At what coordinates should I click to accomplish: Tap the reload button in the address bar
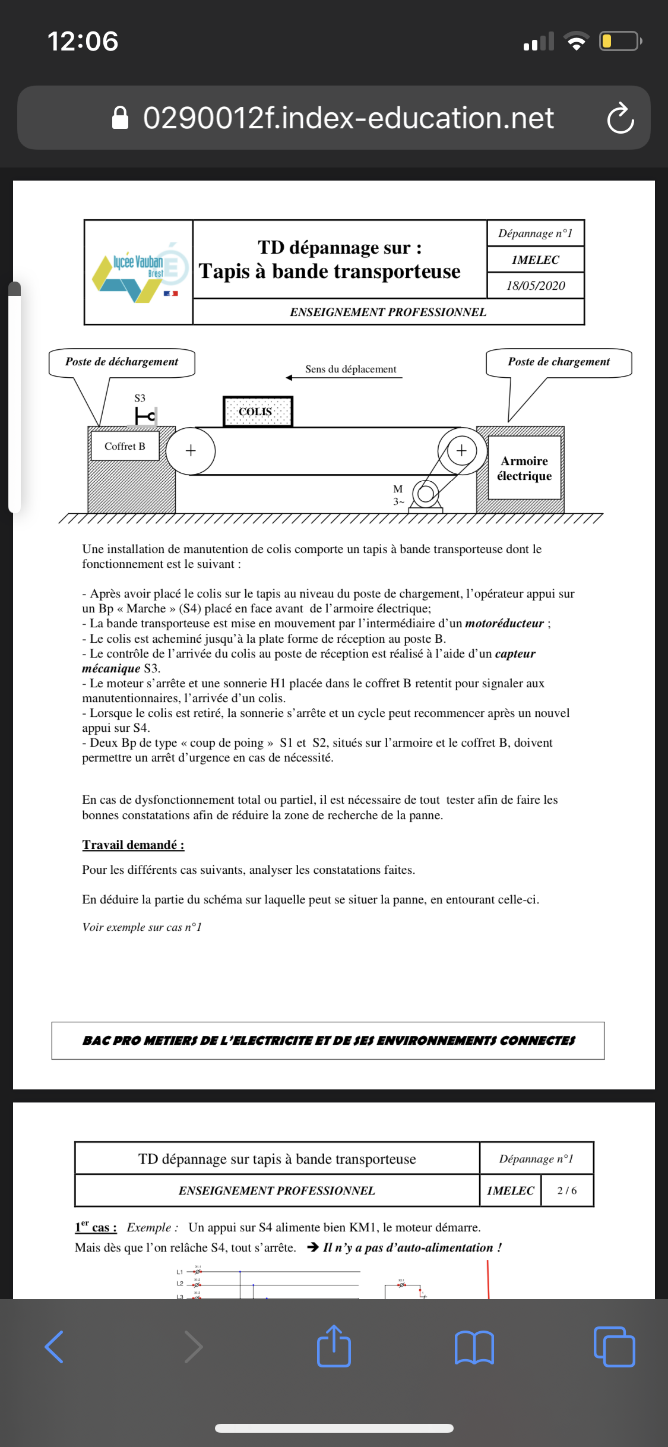point(620,118)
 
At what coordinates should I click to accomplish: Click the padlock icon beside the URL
point(121,118)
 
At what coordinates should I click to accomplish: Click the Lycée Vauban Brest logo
point(139,272)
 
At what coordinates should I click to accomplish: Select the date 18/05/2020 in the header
point(536,286)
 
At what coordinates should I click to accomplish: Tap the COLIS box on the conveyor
point(258,412)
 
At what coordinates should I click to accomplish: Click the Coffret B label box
point(125,446)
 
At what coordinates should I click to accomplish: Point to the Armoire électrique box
point(524,468)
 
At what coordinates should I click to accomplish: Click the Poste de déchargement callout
point(122,362)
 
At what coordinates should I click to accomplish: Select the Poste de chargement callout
point(559,362)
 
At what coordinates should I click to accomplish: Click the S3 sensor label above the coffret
point(140,398)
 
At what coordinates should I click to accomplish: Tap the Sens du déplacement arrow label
point(350,369)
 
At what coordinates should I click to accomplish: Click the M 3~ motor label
point(398,495)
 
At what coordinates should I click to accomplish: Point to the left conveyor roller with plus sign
point(191,451)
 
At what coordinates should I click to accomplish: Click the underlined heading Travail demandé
point(133,845)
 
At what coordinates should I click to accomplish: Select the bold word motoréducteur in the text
point(504,623)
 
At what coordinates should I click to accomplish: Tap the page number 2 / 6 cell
point(566,1190)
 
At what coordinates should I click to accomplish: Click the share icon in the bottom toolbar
point(334,1346)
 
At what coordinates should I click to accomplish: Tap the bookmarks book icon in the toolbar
point(474,1347)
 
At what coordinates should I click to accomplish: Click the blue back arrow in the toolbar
point(55,1347)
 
